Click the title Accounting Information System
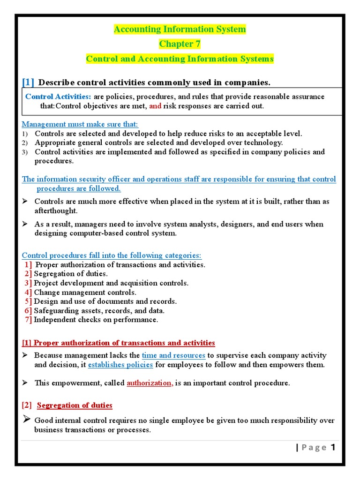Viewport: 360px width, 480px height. (x=180, y=30)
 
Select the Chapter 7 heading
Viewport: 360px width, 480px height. (x=180, y=44)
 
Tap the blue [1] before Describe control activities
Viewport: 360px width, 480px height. (x=28, y=82)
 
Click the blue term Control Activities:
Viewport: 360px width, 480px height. (x=58, y=97)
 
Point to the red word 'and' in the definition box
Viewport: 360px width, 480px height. (x=155, y=106)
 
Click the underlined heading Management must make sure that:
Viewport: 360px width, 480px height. (x=80, y=124)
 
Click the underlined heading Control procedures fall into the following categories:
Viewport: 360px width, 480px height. (x=112, y=255)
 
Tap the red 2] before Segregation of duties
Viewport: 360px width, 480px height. (x=29, y=274)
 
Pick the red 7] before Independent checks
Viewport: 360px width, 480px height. (x=29, y=320)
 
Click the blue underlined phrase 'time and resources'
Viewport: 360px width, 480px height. (x=173, y=355)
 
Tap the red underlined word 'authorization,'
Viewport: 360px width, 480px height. (x=150, y=383)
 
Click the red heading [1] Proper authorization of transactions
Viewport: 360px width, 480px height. (x=119, y=343)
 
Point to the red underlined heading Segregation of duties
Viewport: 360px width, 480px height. (x=75, y=405)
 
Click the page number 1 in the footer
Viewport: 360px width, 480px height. (x=333, y=447)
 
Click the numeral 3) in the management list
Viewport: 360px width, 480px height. (x=25, y=152)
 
